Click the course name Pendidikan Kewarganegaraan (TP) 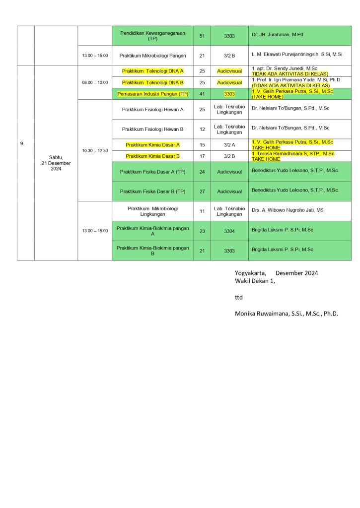coord(152,35)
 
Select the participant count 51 coord(202,36)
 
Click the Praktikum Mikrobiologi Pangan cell coord(152,56)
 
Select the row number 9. coord(22,144)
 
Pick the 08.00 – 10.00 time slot coord(95,82)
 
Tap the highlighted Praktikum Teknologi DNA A coord(152,71)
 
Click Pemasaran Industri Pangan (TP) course coord(152,94)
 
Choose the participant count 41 coord(202,94)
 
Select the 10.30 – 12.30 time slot coord(95,150)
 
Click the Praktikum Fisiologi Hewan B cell coord(152,129)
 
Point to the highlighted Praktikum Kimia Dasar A coord(152,144)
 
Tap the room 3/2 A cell coord(229,144)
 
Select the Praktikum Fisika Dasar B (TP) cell coord(152,191)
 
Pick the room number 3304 coord(229,230)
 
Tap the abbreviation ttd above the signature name coord(239,297)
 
